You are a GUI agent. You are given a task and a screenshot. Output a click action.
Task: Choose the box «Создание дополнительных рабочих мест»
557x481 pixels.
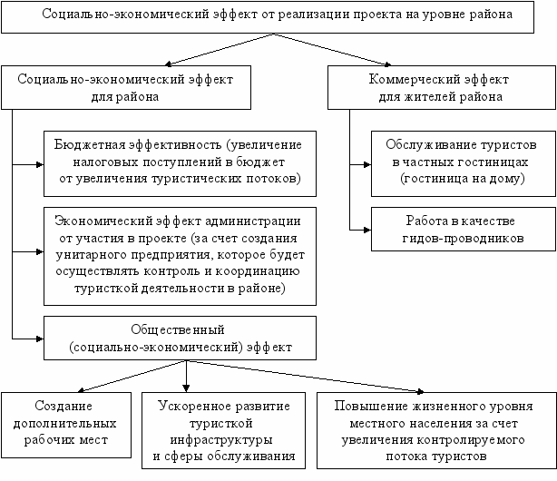66,424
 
